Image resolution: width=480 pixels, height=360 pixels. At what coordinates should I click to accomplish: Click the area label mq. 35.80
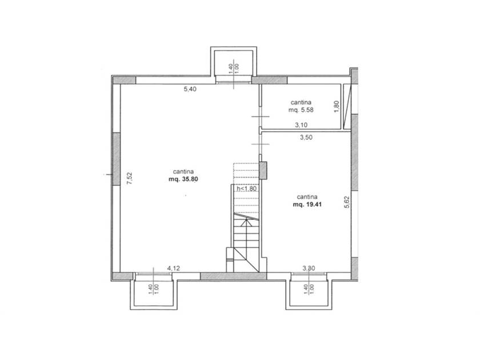(183, 179)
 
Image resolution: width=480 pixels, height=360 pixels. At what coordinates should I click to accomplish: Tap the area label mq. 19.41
(307, 205)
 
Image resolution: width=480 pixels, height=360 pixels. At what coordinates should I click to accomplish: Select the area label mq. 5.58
(301, 110)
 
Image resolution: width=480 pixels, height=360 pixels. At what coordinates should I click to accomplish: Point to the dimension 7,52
(130, 178)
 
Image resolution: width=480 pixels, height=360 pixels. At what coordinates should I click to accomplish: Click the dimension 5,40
(190, 89)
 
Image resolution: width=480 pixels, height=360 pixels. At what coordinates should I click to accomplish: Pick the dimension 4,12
(173, 268)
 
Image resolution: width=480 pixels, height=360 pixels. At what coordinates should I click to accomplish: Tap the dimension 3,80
(309, 268)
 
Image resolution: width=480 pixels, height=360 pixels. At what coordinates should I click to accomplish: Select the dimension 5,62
(347, 202)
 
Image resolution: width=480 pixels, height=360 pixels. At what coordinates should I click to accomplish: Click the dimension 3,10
(301, 125)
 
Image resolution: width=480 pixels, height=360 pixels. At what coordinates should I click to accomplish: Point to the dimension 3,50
(306, 138)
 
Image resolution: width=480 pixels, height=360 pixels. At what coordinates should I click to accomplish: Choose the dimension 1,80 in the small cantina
(337, 106)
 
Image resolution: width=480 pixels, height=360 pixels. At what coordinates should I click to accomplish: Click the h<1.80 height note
(246, 189)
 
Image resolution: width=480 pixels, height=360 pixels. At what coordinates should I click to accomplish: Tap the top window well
(234, 63)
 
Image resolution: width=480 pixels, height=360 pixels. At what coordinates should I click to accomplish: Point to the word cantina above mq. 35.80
(183, 172)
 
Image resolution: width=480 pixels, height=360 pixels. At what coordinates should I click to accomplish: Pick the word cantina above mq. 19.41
(307, 197)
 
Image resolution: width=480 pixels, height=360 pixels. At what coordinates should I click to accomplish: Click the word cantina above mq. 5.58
(301, 102)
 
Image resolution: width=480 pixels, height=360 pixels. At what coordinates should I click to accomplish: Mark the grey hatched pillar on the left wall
(117, 159)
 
